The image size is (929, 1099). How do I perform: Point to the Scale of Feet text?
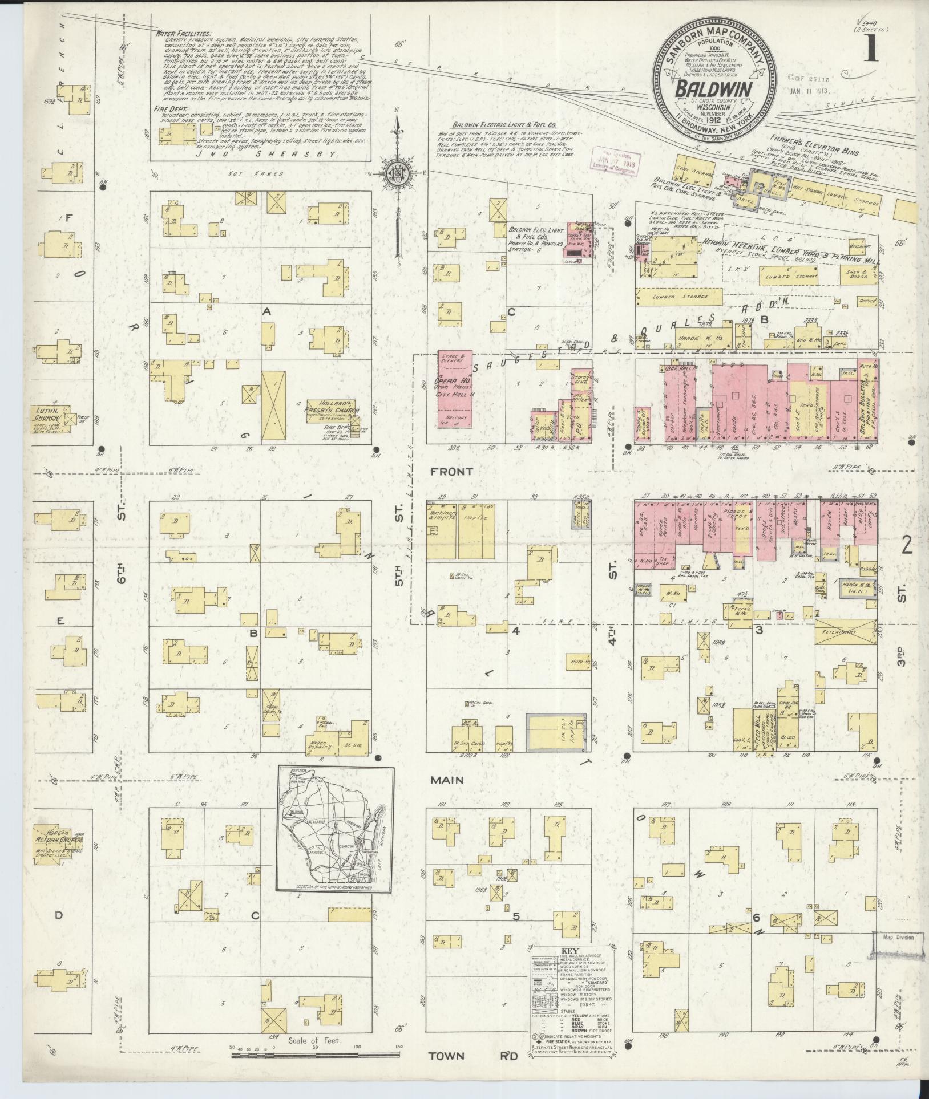pyautogui.click(x=314, y=1040)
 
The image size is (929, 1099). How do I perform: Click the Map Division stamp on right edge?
pyautogui.click(x=898, y=938)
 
